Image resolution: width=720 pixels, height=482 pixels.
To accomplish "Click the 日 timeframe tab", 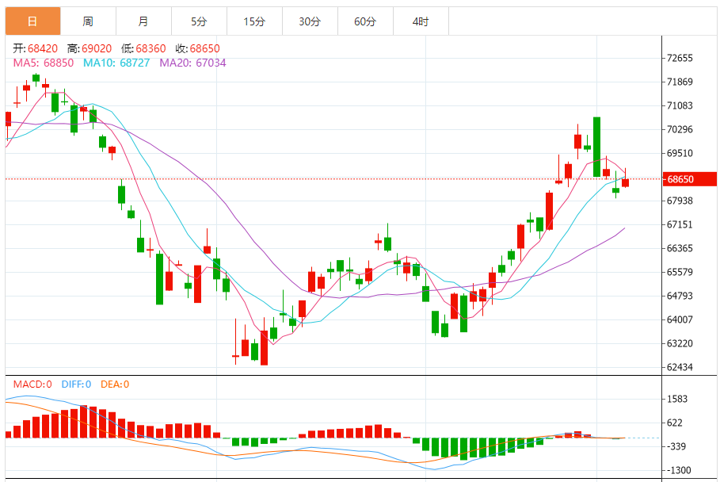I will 32,21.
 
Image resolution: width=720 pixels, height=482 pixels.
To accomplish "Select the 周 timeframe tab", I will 88,21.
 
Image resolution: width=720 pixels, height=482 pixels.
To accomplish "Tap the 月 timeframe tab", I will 143,21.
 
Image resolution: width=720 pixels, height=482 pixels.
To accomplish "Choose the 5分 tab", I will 199,21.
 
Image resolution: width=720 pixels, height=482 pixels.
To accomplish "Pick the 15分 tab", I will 254,21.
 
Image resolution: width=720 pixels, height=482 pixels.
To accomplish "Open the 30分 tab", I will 310,21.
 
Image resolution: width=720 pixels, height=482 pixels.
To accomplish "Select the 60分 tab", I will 365,21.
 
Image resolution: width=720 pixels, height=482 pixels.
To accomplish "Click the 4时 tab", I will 421,21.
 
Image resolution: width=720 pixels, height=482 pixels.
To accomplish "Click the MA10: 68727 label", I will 115,62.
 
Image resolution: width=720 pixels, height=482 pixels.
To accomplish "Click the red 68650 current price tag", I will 687,179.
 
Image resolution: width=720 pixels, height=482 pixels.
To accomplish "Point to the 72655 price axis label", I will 680,58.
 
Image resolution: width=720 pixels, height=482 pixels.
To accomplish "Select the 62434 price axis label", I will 680,367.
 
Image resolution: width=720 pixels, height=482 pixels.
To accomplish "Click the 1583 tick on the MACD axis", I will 677,399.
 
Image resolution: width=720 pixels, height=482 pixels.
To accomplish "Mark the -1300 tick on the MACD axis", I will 679,470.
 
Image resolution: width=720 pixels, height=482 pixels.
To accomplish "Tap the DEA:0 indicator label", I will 114,384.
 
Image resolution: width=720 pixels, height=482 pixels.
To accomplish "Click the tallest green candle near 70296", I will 596,147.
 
